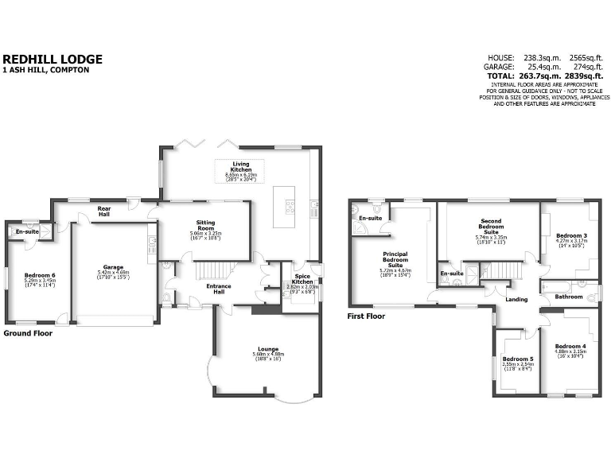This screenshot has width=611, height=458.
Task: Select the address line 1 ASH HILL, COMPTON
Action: click(x=46, y=71)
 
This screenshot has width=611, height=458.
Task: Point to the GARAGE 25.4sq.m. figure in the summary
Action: click(x=534, y=67)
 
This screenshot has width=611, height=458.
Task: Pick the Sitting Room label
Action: click(x=205, y=225)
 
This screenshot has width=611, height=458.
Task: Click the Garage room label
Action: click(x=113, y=267)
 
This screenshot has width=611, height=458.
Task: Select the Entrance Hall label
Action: click(x=219, y=288)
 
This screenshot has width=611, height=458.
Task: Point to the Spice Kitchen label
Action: click(x=301, y=280)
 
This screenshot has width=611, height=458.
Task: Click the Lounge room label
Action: click(x=267, y=348)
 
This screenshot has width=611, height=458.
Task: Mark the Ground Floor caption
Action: click(x=29, y=333)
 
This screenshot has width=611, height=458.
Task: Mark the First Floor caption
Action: click(x=367, y=316)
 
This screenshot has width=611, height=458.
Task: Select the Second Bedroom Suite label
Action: click(x=491, y=227)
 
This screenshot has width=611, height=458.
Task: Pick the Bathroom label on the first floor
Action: click(x=569, y=297)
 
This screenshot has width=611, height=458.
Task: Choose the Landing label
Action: click(x=516, y=299)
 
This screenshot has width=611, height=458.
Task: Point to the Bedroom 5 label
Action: click(x=518, y=359)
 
